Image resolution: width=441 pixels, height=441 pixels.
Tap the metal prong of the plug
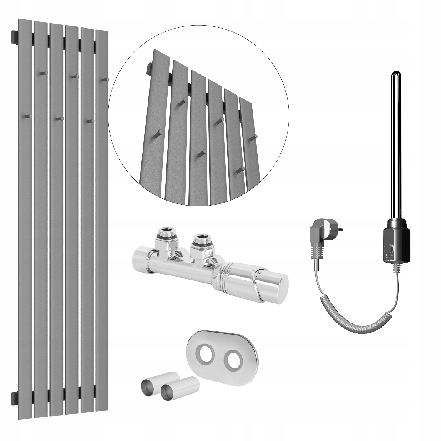click(341, 228)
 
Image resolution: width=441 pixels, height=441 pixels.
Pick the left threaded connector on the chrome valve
click(167, 235)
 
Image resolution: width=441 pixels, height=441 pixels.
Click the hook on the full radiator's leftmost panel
click(28, 116)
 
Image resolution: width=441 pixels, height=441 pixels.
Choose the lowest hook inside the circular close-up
click(241, 169)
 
